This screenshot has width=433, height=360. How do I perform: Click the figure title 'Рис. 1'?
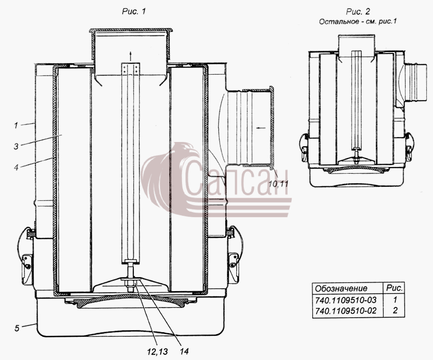(x=134, y=12)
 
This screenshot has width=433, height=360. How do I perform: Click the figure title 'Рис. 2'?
(x=358, y=12)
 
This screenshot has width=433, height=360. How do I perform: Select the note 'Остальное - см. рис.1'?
(x=358, y=22)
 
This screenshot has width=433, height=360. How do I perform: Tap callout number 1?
(x=16, y=125)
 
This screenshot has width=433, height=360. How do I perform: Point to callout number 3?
(x=16, y=146)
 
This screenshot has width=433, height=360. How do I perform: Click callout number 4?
(x=16, y=167)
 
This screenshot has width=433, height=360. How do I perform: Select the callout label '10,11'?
(x=279, y=183)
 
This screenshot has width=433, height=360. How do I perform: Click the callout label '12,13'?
(x=157, y=351)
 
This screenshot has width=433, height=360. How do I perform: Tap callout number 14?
(x=184, y=351)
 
